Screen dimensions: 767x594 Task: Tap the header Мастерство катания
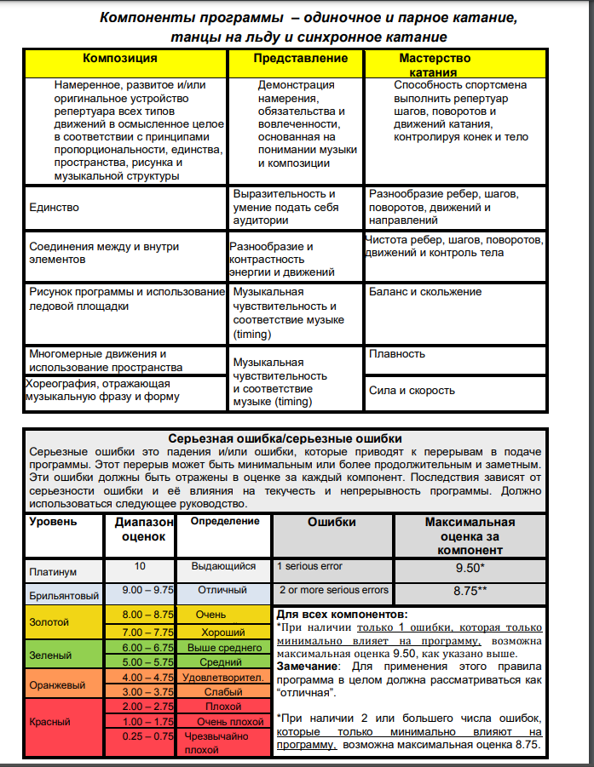tap(435, 65)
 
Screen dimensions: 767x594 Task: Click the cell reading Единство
tap(54, 207)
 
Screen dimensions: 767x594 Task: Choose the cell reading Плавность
tap(397, 353)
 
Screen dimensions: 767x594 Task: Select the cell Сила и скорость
tap(412, 391)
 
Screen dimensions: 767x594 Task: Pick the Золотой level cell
tap(49, 622)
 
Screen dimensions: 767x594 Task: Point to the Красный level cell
tap(49, 722)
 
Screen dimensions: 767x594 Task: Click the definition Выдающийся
tap(225, 566)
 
